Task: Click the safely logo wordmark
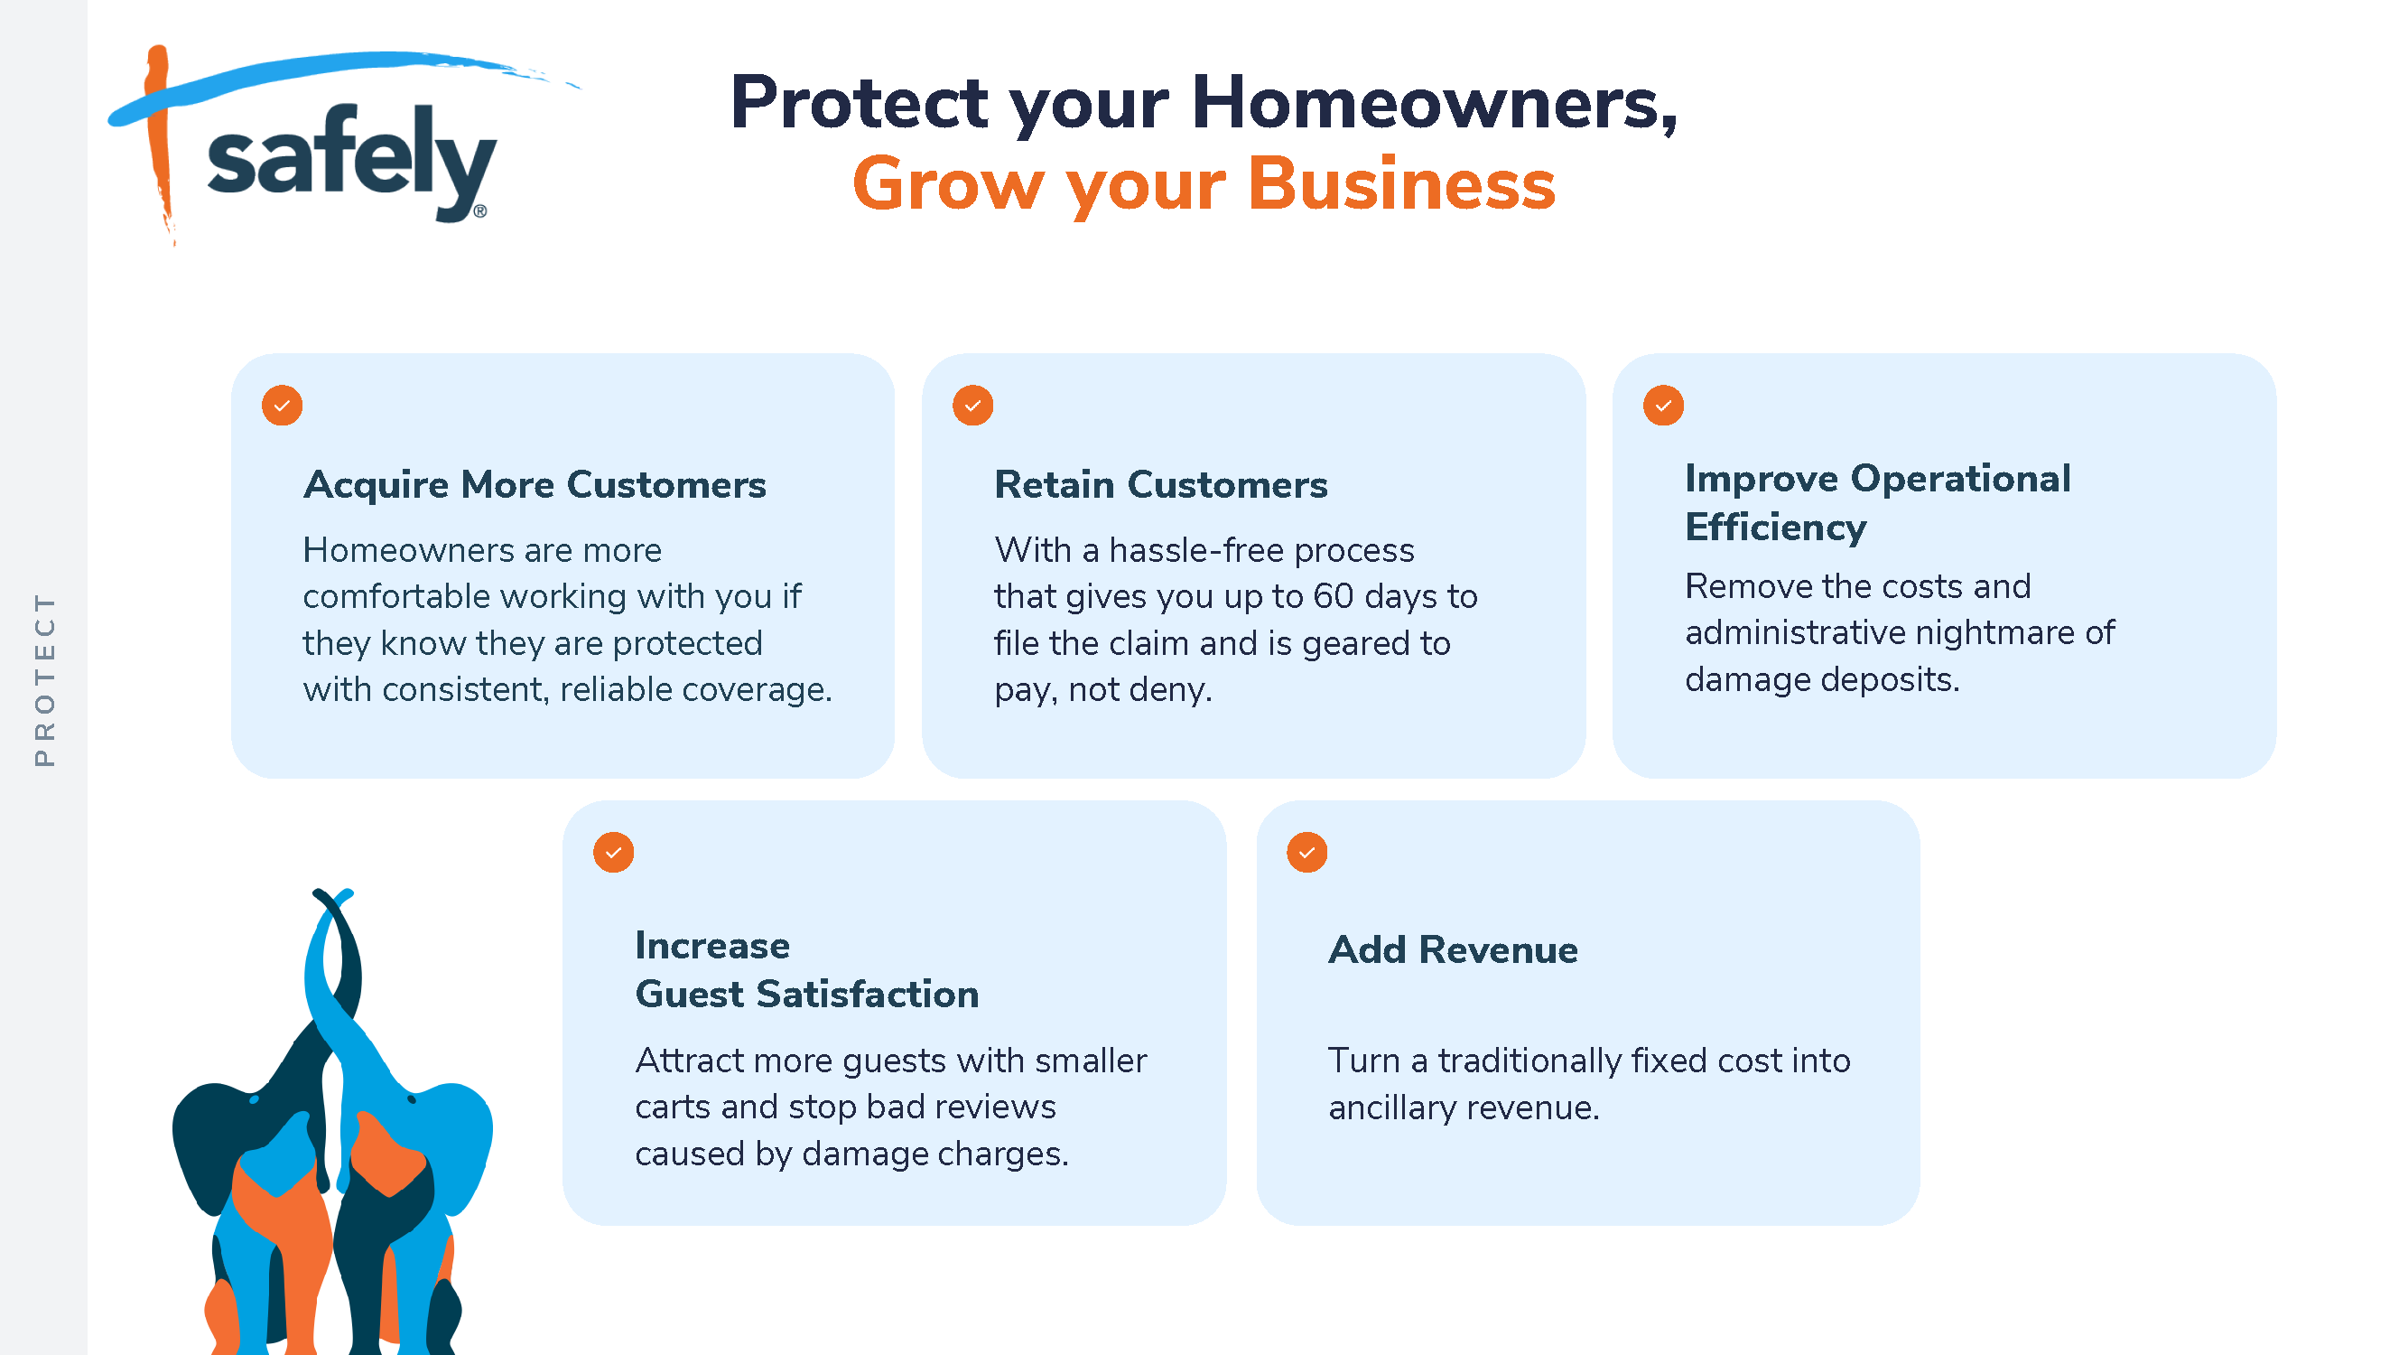coord(350,161)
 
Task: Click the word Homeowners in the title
coord(1435,102)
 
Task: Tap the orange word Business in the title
coord(1401,183)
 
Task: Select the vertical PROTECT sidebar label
coord(44,680)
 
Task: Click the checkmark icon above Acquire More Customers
coord(283,406)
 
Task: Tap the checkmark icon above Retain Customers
coord(973,406)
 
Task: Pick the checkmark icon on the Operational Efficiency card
coord(1664,406)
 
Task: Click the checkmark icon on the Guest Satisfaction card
coord(614,853)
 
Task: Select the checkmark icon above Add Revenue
coord(1307,853)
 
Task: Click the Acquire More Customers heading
coord(535,484)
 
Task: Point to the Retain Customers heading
coord(1161,484)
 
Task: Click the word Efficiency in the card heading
coord(1776,528)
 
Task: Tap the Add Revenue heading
coord(1454,950)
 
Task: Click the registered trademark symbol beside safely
coord(480,211)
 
